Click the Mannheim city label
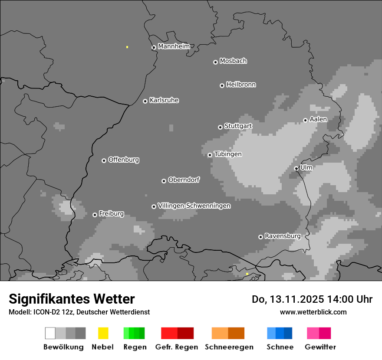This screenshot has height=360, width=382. click(x=174, y=46)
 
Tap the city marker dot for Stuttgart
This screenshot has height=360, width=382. click(x=220, y=127)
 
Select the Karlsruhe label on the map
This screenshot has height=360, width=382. click(x=164, y=100)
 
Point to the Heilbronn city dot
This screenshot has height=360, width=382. click(x=222, y=85)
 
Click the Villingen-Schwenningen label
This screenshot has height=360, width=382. click(x=194, y=206)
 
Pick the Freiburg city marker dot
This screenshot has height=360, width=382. click(x=95, y=215)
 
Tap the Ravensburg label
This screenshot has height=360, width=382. click(x=283, y=236)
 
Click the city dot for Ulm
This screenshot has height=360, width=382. click(x=296, y=168)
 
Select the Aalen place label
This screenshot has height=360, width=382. click(x=318, y=119)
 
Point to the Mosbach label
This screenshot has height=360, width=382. click(x=233, y=61)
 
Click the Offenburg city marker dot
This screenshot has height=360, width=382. click(x=104, y=160)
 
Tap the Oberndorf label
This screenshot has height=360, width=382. click(x=184, y=180)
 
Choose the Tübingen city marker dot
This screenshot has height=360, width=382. click(x=210, y=155)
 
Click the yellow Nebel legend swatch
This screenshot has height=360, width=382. click(x=103, y=333)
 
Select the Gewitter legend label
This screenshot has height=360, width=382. click(x=320, y=347)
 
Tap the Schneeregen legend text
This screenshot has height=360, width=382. click(x=229, y=347)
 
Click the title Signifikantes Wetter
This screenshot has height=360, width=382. click(x=72, y=299)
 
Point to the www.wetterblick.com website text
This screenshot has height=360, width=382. click(x=313, y=312)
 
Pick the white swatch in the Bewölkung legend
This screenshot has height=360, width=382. click(x=50, y=333)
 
